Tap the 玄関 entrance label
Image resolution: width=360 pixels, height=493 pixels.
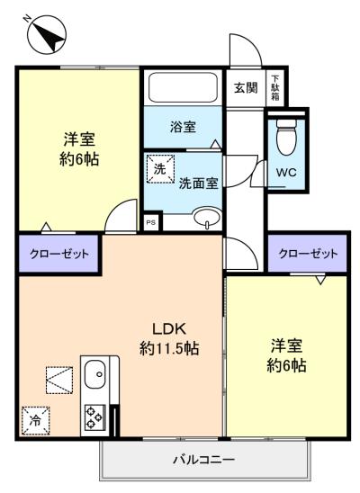tap(246, 88)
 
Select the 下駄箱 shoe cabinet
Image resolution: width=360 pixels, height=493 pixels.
tap(275, 87)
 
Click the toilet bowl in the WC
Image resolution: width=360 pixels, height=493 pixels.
tap(287, 137)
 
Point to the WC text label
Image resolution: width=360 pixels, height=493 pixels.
tap(286, 173)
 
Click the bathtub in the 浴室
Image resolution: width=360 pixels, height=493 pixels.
tap(183, 87)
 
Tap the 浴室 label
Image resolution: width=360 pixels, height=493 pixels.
tap(184, 127)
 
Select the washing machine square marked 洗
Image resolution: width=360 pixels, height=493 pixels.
tap(160, 169)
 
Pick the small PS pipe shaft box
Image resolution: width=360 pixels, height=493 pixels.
tap(151, 222)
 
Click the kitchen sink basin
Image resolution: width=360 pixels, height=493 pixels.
tap(95, 375)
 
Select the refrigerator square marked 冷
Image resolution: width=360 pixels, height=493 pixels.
tap(36, 420)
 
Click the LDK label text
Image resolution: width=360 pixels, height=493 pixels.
tap(170, 329)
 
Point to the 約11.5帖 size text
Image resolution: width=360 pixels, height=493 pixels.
tap(169, 348)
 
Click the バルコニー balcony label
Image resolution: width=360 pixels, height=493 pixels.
tap(204, 461)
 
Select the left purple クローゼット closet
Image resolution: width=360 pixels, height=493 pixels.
tap(58, 254)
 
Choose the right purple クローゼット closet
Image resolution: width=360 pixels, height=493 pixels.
tap(308, 254)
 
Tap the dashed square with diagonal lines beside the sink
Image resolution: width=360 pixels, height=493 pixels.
tap(59, 381)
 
